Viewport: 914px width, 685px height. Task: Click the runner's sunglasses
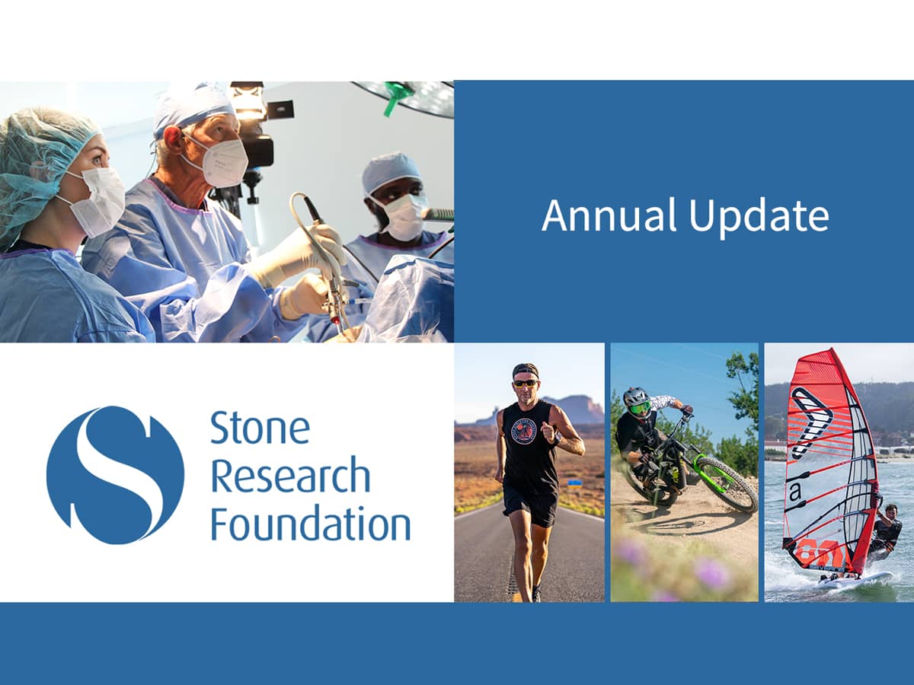point(525,382)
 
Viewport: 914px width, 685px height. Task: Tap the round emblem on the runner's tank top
point(523,432)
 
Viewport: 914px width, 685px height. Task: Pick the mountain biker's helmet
point(636,398)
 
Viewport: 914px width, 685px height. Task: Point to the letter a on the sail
point(795,492)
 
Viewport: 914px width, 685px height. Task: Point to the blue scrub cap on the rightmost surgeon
point(391,172)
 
